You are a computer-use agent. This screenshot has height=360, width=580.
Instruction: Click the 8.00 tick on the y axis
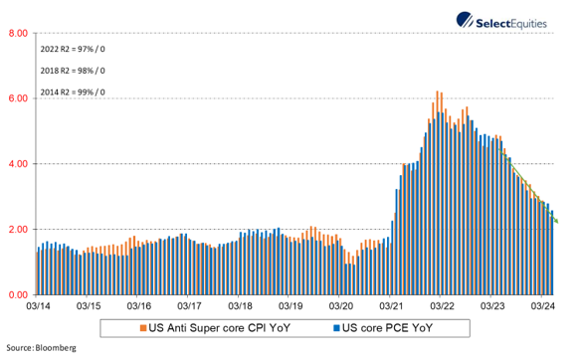tap(17, 33)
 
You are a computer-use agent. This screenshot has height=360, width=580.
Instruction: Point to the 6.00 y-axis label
tap(17, 98)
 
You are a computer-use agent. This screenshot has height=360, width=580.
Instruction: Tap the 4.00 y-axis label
tap(17, 164)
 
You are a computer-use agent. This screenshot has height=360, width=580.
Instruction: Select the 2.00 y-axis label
tap(17, 230)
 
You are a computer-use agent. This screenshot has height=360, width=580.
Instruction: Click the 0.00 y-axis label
tap(17, 295)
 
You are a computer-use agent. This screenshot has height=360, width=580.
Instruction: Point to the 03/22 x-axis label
tap(443, 307)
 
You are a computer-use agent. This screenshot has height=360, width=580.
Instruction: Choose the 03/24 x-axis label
tap(544, 307)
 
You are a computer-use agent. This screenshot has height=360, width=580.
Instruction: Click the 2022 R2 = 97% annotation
tap(73, 48)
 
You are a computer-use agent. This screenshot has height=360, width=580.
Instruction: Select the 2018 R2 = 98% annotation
tap(73, 71)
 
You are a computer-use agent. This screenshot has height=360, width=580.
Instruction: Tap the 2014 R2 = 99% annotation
tap(73, 92)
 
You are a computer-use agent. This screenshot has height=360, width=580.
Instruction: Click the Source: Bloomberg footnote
tap(42, 349)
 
